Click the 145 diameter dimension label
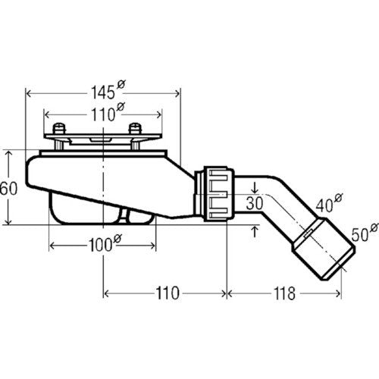click(x=108, y=90)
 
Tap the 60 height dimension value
click(x=9, y=188)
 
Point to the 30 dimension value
click(x=255, y=203)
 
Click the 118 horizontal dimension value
click(x=285, y=293)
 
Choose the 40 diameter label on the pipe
click(x=329, y=203)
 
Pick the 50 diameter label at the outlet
click(x=365, y=232)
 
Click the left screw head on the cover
click(x=59, y=129)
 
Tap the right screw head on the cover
click(x=135, y=129)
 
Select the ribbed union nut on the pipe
click(x=219, y=194)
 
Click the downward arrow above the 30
click(x=255, y=187)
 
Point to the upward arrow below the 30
click(x=255, y=232)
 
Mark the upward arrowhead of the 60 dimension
click(x=8, y=153)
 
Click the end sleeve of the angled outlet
click(x=324, y=249)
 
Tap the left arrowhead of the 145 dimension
click(x=29, y=94)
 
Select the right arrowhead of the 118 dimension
click(x=339, y=293)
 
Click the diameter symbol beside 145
click(x=121, y=84)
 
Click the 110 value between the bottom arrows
click(x=168, y=293)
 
